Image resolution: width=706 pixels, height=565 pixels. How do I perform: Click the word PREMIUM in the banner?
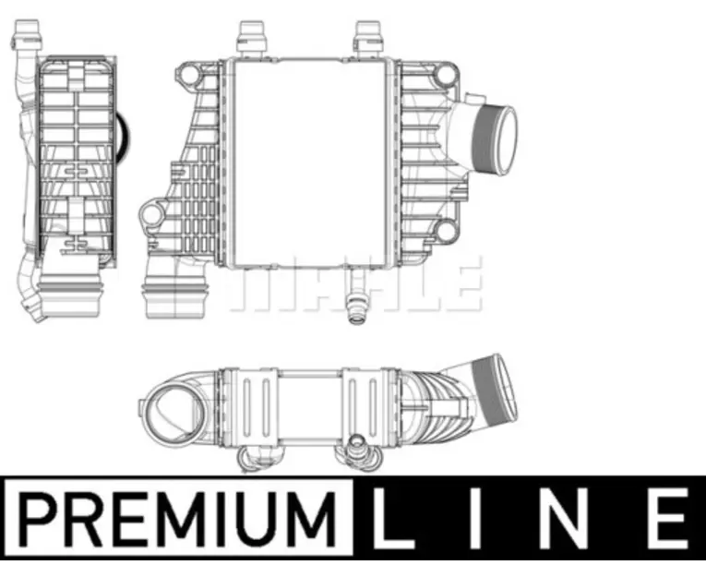coord(177,519)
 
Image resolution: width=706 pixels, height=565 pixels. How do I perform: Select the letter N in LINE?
coord(572,518)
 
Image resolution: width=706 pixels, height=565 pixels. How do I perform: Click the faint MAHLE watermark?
coord(355,282)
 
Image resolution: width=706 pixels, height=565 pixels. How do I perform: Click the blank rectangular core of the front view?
coord(309,162)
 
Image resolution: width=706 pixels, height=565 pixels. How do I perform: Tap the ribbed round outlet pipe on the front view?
coord(495,139)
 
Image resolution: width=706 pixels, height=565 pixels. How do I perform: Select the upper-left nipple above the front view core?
coord(253,39)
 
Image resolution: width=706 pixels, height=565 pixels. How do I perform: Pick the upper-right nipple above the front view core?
coord(369,39)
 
